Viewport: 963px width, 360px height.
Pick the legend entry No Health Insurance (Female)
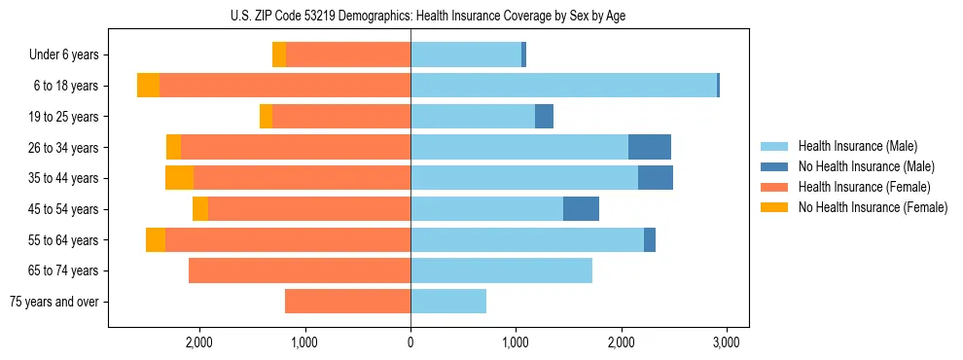click(x=872, y=207)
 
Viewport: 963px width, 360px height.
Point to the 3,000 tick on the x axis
click(x=727, y=343)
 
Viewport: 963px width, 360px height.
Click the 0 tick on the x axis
click(x=410, y=343)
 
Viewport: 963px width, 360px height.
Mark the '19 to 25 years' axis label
click(x=64, y=117)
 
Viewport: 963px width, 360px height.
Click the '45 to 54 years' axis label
click(x=64, y=209)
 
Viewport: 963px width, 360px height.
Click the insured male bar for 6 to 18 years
click(x=563, y=86)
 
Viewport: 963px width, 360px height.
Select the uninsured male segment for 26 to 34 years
click(x=650, y=147)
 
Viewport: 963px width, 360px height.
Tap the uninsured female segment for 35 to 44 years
click(x=179, y=178)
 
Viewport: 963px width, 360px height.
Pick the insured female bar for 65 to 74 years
click(x=300, y=270)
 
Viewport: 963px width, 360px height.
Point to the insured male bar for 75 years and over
click(x=448, y=302)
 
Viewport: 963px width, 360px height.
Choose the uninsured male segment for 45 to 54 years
click(x=581, y=209)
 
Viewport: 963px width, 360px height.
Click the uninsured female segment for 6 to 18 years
click(x=148, y=86)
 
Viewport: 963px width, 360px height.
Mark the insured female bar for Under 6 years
click(x=348, y=55)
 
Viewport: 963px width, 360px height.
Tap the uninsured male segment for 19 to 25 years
click(x=544, y=117)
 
